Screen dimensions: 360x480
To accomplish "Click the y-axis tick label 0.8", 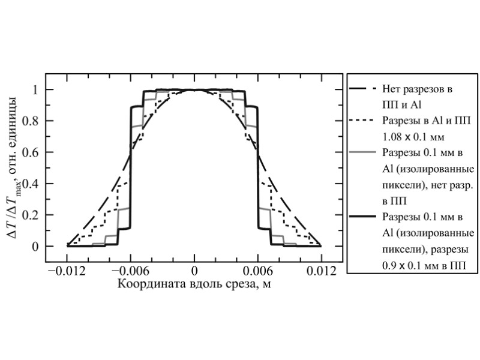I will pyautogui.click(x=32, y=121).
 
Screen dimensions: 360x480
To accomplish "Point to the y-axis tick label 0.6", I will pyautogui.click(x=32, y=152).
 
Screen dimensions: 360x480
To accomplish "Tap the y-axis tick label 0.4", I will pyautogui.click(x=32, y=184).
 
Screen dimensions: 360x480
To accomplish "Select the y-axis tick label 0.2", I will pyautogui.click(x=32, y=215).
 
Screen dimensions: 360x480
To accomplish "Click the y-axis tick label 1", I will pyautogui.click(x=35, y=90).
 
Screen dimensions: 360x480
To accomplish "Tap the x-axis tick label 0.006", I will pyautogui.click(x=258, y=271).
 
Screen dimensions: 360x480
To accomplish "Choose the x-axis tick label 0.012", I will pyautogui.click(x=322, y=271).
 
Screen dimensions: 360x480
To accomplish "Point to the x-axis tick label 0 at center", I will pyautogui.click(x=194, y=271).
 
